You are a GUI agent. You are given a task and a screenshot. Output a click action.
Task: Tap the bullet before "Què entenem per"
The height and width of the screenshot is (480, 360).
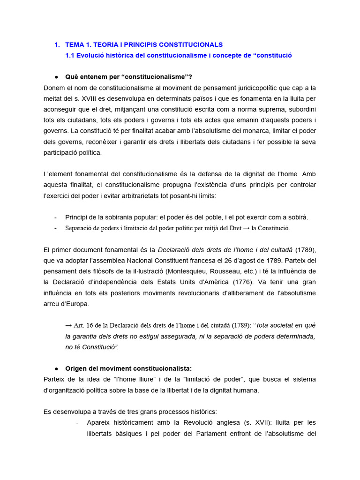56,77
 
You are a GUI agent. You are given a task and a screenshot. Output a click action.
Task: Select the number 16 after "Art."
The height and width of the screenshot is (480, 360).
89,326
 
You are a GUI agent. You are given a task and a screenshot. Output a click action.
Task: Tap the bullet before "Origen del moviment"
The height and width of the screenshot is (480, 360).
56,368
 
